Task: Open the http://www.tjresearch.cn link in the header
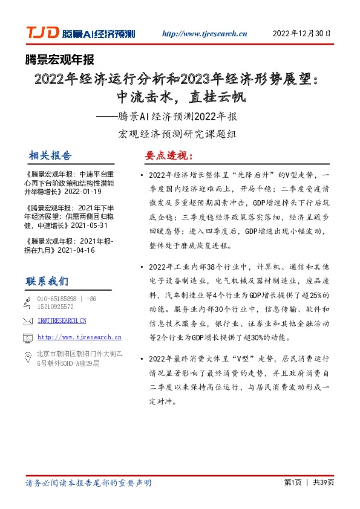(x=205, y=34)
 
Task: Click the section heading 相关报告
(x=50, y=155)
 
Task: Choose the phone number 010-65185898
(x=57, y=299)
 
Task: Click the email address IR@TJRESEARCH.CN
(x=62, y=320)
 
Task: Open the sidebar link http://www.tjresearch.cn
(x=79, y=337)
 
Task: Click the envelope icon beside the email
(x=27, y=320)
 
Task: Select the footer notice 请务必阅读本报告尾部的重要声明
(x=88, y=483)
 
